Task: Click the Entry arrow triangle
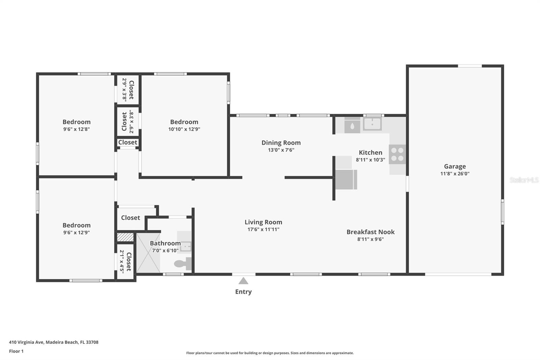243,281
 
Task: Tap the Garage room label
455,166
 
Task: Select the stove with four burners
397,154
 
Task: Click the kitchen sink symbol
372,124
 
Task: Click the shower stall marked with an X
148,253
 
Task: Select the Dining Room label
281,143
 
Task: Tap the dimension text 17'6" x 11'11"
263,229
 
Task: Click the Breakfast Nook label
370,232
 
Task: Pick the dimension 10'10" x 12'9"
184,129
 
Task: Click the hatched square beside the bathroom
125,237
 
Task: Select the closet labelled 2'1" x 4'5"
125,261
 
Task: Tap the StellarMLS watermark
524,180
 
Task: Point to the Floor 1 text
16,351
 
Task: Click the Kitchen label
370,152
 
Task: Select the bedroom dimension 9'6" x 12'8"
76,129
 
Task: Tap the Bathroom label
165,243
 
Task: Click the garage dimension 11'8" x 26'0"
455,174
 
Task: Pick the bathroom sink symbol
185,246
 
